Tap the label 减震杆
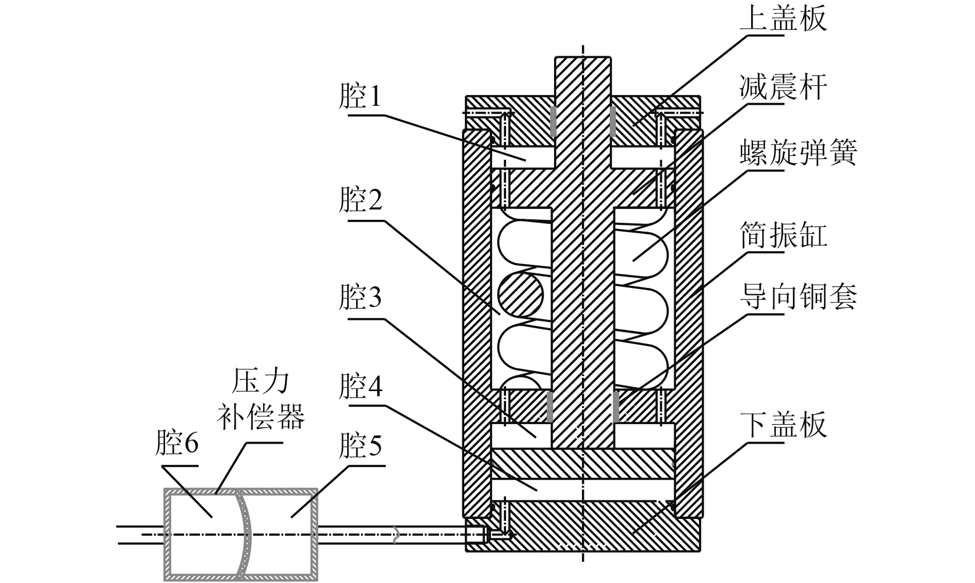(784, 86)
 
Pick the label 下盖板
(784, 424)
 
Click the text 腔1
(361, 96)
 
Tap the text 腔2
(361, 200)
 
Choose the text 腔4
(361, 386)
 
